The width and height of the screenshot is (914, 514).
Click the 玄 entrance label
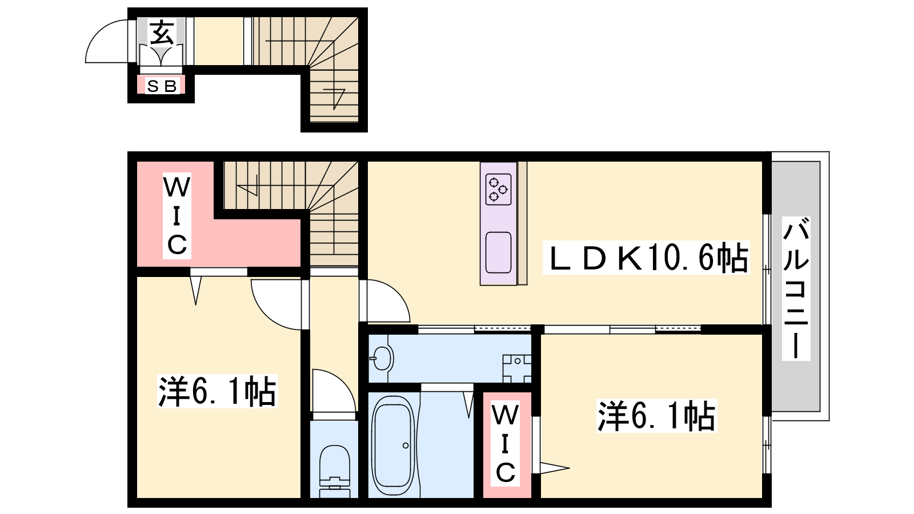click(162, 33)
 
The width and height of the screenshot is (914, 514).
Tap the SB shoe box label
click(162, 86)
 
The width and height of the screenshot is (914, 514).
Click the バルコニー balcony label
click(796, 288)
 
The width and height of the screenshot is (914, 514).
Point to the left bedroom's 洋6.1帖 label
click(218, 391)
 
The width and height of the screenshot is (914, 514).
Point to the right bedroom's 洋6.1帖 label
click(656, 416)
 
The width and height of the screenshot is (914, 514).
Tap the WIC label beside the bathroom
click(505, 444)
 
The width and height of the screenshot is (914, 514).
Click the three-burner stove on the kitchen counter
click(499, 189)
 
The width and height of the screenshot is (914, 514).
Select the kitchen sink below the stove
click(499, 252)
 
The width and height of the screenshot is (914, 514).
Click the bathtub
click(394, 445)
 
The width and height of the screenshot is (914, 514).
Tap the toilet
click(335, 470)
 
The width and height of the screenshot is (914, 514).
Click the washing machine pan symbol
click(517, 368)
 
